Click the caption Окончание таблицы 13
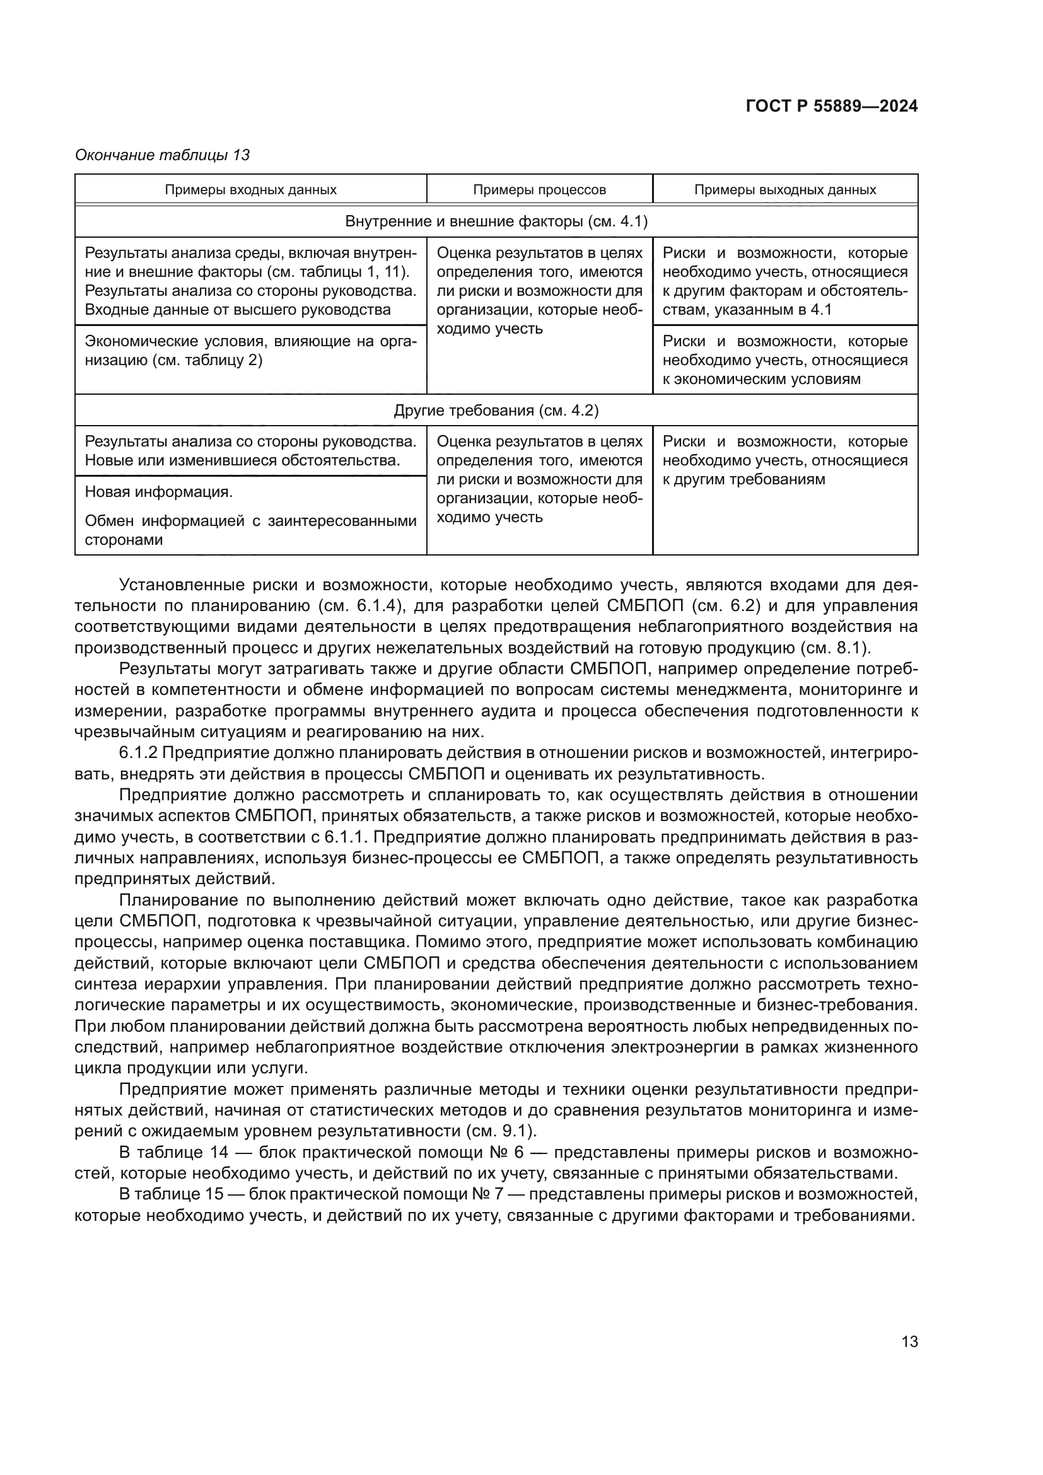[162, 155]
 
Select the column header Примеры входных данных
[250, 190]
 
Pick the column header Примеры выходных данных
[785, 190]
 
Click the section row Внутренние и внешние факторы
[496, 221]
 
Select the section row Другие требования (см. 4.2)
[496, 411]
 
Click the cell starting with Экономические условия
[250, 351]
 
